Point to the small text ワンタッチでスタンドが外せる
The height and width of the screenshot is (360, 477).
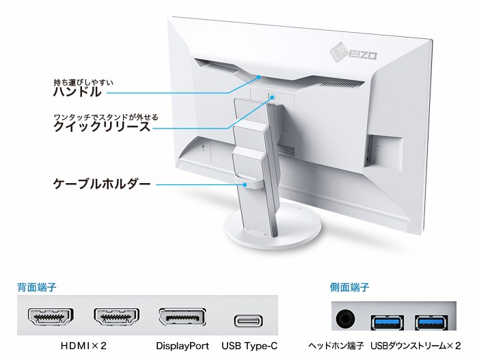[x=106, y=116]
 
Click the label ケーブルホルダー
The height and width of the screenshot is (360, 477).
[x=101, y=184]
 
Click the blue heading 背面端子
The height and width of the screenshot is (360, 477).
[x=37, y=288]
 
